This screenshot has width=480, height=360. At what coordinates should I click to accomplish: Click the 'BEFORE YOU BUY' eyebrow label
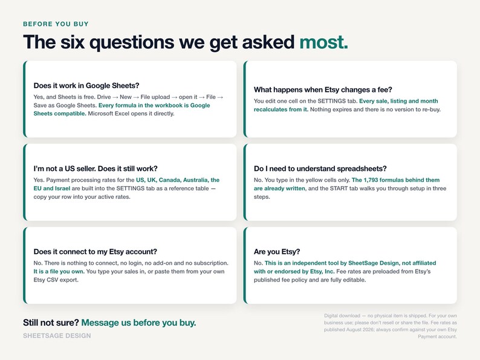click(x=56, y=24)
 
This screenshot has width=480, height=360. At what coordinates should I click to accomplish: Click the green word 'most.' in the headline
click(x=323, y=42)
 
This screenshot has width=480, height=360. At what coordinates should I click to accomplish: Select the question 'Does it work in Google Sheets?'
click(x=86, y=86)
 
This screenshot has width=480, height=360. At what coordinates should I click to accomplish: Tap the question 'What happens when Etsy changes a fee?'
click(x=323, y=89)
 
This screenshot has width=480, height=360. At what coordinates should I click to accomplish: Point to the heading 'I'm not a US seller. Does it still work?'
click(x=96, y=169)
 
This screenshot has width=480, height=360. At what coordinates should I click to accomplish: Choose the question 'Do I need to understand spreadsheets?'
click(x=320, y=169)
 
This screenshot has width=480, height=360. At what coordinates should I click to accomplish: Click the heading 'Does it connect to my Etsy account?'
click(x=95, y=252)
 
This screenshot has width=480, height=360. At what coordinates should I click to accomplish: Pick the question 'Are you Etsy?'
click(x=277, y=252)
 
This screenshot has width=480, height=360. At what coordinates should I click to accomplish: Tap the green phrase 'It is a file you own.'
click(x=59, y=271)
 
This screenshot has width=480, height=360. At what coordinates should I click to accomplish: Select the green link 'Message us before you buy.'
click(x=138, y=323)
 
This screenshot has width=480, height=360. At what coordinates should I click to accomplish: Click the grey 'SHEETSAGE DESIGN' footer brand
click(x=57, y=335)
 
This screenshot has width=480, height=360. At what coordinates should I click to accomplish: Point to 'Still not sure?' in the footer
click(x=51, y=323)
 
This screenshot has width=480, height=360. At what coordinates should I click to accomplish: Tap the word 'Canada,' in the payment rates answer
click(x=169, y=180)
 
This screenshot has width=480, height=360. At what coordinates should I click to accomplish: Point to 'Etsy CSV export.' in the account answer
click(x=56, y=280)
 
